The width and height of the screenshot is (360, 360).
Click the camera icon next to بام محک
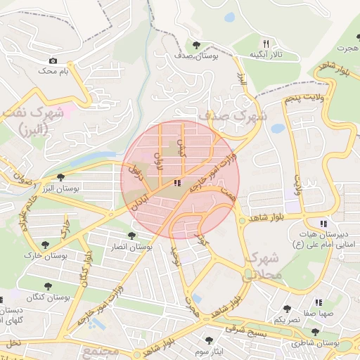(53, 60)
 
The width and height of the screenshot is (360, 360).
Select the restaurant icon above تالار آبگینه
(266, 43)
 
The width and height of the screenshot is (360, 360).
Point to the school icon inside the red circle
(176, 183)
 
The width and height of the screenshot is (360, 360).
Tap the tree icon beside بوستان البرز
(61, 177)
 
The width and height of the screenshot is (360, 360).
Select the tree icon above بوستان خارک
(46, 245)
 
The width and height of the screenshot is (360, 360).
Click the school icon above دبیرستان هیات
(323, 224)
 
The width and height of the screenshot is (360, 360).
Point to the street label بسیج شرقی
(250, 330)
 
